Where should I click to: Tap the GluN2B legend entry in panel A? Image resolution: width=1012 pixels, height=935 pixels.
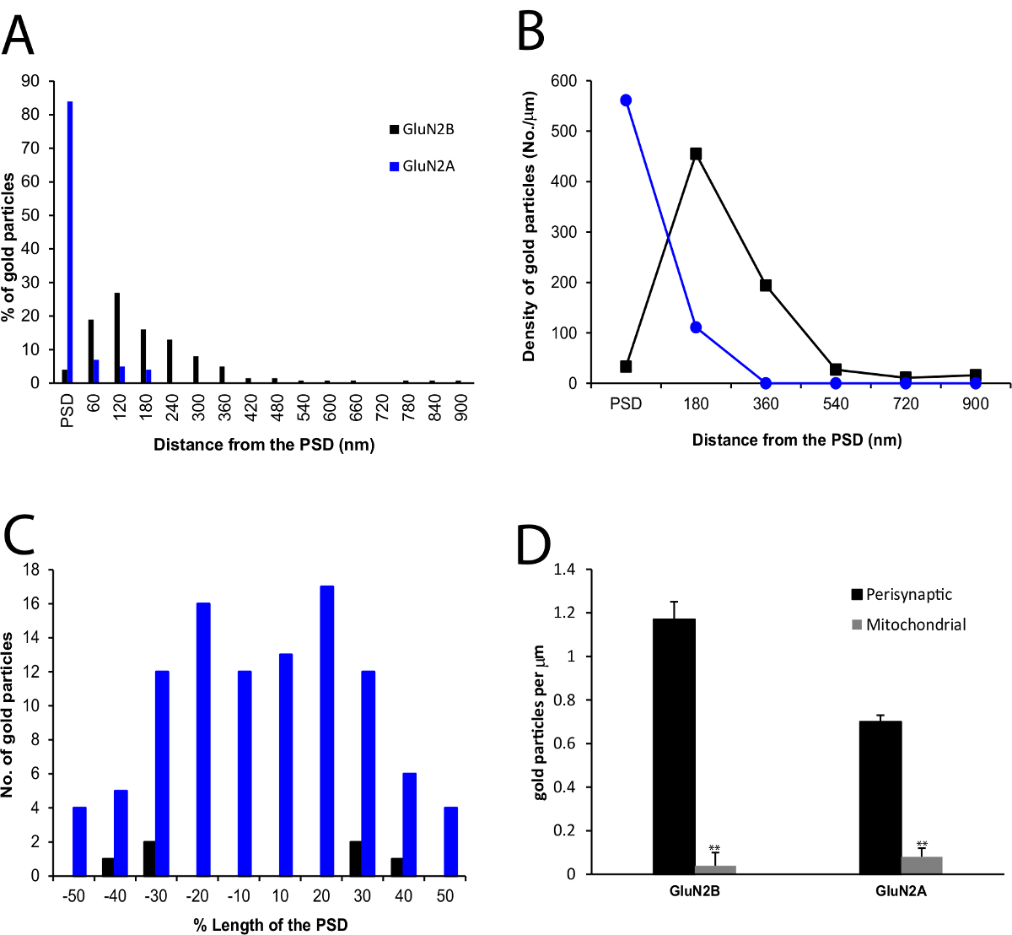[422, 130]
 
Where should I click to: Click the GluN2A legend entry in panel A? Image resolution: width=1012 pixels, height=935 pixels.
[422, 166]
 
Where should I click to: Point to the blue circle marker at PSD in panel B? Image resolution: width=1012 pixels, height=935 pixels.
[626, 100]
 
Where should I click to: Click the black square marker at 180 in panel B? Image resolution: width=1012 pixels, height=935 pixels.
[696, 154]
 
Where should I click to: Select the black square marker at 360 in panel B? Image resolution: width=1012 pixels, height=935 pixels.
[766, 285]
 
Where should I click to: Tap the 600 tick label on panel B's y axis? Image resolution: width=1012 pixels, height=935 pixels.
[563, 81]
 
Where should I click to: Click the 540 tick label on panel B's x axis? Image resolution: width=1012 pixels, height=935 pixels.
[836, 404]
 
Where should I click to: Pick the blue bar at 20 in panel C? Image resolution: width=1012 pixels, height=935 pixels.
[327, 731]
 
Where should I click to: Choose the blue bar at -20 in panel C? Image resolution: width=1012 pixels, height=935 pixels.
[203, 739]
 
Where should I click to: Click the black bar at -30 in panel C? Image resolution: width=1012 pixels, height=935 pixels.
[149, 858]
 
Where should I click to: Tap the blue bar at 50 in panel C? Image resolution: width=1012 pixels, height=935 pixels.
[451, 841]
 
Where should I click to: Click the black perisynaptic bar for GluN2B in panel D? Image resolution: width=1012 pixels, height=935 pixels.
[674, 747]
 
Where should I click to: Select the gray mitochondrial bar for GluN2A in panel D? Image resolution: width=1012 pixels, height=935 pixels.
[922, 866]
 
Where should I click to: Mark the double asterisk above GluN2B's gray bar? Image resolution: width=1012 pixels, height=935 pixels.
[714, 848]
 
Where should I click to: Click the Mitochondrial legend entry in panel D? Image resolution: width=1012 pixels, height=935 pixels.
[908, 625]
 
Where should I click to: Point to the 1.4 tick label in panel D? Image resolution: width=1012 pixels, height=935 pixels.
[564, 570]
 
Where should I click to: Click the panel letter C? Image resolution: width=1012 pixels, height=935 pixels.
[21, 535]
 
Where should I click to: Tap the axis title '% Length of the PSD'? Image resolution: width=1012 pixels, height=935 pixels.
[271, 925]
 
